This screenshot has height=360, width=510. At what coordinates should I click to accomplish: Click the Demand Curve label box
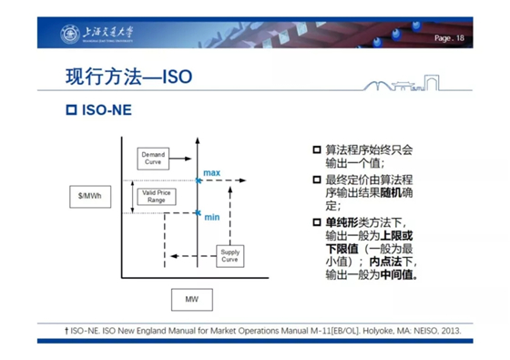[x=153, y=157]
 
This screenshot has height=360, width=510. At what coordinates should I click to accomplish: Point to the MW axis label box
[x=191, y=298]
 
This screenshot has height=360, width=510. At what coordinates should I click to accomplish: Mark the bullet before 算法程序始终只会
[x=317, y=149]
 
